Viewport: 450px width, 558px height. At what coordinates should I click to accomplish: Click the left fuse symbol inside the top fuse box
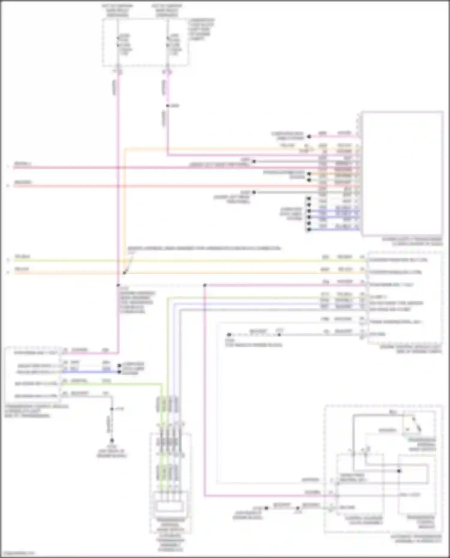point(118,42)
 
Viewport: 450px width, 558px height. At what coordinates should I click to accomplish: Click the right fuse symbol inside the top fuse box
point(167,42)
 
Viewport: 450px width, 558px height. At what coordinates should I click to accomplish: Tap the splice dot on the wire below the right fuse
point(168,106)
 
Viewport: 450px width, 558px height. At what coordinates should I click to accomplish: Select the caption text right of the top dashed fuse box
point(201,29)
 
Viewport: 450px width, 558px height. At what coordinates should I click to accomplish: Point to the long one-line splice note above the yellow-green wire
point(204,249)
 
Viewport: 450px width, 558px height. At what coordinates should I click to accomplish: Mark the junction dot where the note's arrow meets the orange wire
point(124,273)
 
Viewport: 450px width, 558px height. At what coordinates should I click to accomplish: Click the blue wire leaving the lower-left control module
point(90,372)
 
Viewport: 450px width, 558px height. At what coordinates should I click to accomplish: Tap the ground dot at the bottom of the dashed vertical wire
point(112,440)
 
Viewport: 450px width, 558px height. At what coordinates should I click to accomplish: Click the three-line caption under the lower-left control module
point(36,411)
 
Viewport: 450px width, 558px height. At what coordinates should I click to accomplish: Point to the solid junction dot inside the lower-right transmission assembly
point(399,471)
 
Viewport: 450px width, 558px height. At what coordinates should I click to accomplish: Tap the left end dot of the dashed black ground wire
point(229,335)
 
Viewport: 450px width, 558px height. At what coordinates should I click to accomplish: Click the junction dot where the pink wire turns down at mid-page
point(205,285)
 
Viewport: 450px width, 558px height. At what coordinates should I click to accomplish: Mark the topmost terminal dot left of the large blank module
point(309,137)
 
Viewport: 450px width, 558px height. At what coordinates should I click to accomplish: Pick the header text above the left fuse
point(117,10)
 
